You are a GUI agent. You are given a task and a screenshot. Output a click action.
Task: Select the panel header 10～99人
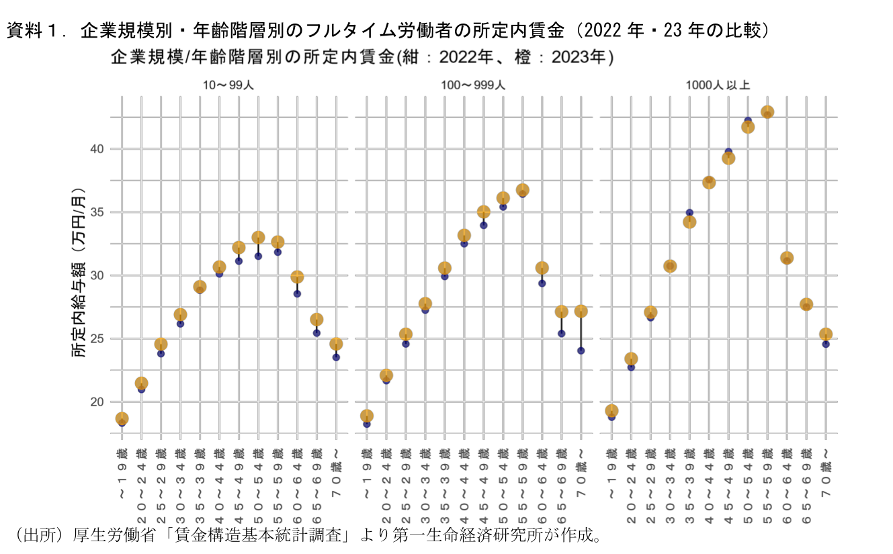(x=228, y=85)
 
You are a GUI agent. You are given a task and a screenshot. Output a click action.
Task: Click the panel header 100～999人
(x=473, y=85)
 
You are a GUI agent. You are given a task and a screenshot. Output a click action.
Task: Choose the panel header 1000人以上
(x=718, y=85)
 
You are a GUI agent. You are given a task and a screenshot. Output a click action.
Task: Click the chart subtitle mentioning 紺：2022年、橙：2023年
(x=363, y=58)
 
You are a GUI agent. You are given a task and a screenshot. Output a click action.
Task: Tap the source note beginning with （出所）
(x=302, y=535)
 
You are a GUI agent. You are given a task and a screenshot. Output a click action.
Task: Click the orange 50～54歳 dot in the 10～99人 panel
(x=258, y=238)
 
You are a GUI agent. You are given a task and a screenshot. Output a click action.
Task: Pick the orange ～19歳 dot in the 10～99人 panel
(x=122, y=418)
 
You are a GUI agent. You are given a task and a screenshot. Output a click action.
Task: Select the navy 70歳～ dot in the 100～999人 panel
(x=581, y=351)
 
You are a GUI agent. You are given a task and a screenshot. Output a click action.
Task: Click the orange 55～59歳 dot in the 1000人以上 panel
(x=767, y=112)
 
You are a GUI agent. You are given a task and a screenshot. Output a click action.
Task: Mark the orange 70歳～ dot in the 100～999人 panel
(x=581, y=311)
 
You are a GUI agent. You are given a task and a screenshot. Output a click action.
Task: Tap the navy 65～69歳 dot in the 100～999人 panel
(x=562, y=333)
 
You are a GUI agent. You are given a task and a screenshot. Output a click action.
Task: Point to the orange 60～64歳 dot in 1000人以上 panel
(x=787, y=258)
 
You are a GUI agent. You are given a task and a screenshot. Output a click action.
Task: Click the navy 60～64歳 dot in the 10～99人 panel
(x=297, y=293)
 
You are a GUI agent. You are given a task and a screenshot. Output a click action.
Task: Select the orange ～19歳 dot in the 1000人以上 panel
(x=611, y=410)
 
